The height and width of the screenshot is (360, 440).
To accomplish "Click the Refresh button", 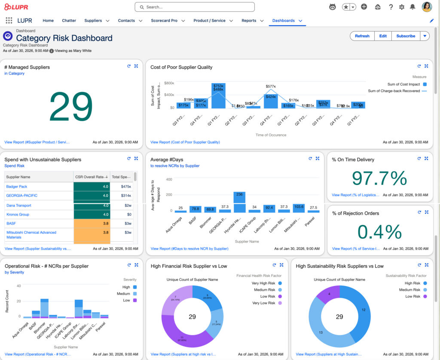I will pyautogui.click(x=362, y=36).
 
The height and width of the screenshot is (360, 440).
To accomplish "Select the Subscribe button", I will pyautogui.click(x=405, y=36).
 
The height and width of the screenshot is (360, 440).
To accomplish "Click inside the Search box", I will pyautogui.click(x=195, y=7).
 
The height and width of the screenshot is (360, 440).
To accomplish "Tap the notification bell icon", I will pyautogui.click(x=412, y=7).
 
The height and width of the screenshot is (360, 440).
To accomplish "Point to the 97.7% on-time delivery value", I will pyautogui.click(x=379, y=178).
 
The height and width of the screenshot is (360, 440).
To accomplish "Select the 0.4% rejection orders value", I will pyautogui.click(x=379, y=232).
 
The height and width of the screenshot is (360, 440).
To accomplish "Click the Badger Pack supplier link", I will pyautogui.click(x=17, y=187).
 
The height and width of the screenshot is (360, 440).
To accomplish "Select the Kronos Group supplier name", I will pyautogui.click(x=18, y=214).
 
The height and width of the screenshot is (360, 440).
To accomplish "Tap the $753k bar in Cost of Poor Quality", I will pyautogui.click(x=218, y=95).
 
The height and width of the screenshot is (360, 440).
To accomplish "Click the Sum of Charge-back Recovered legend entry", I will pyautogui.click(x=394, y=91).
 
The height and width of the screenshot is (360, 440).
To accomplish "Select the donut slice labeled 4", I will pyautogui.click(x=328, y=294).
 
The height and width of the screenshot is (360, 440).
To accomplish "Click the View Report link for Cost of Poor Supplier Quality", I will pyautogui.click(x=185, y=142).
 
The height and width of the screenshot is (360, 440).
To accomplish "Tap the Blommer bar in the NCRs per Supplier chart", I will pyautogui.click(x=44, y=308).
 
